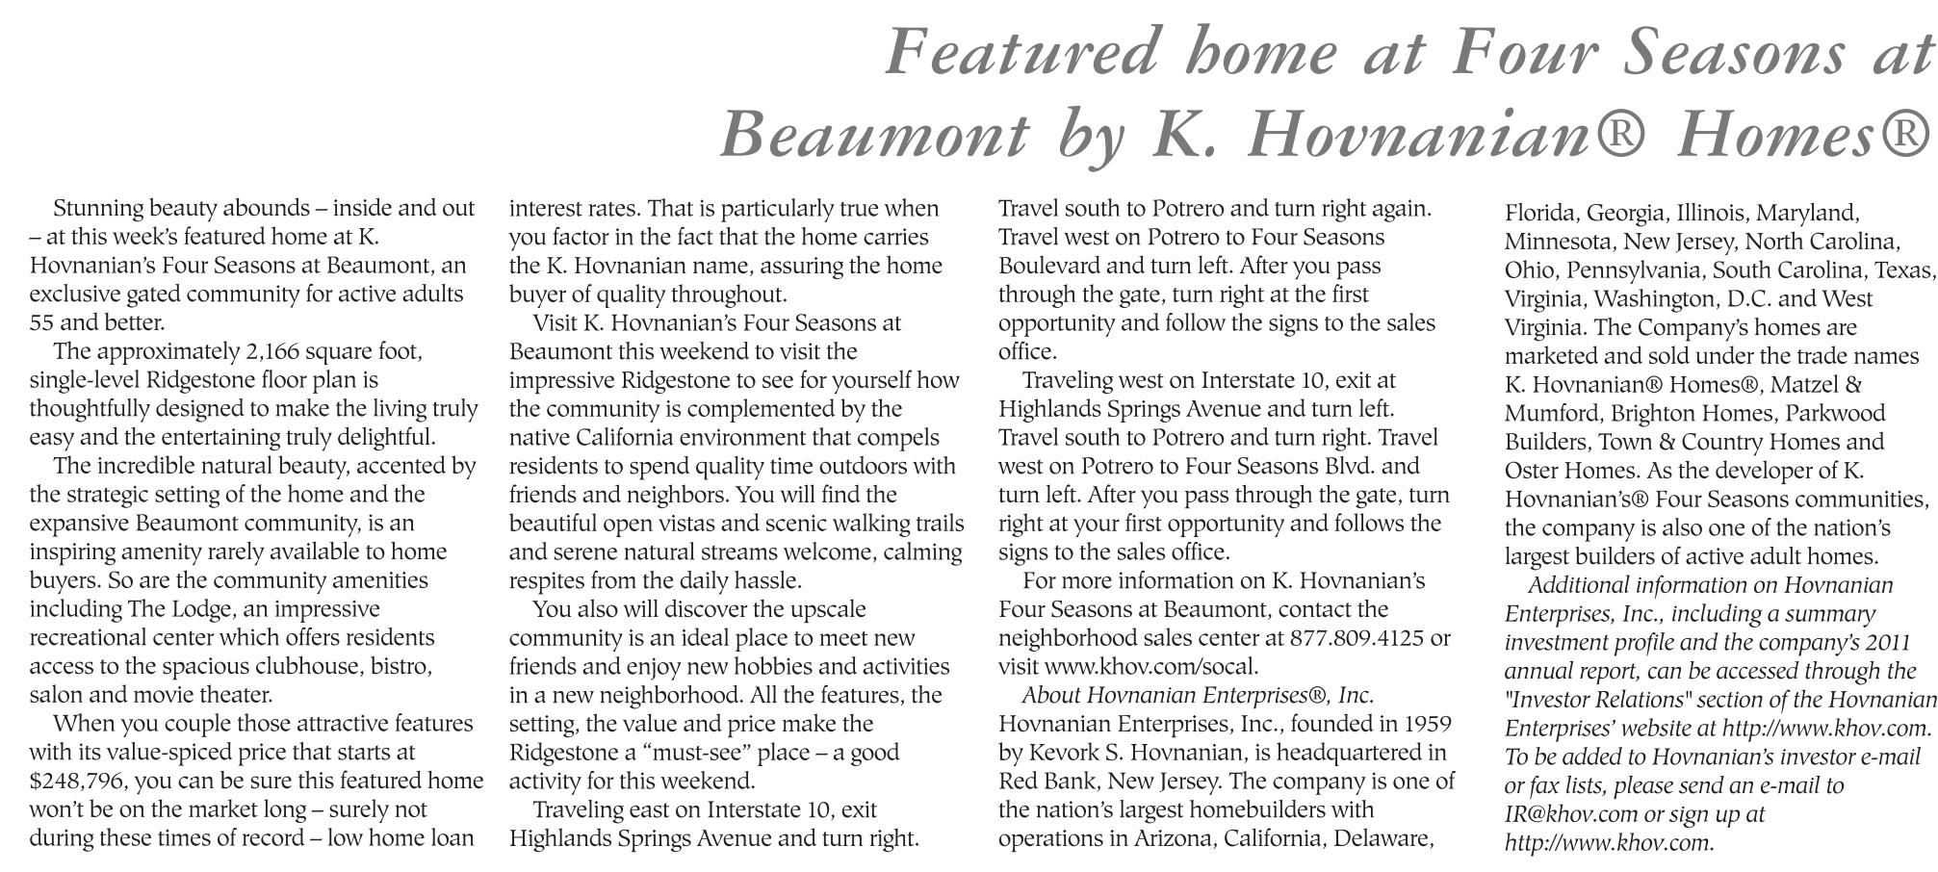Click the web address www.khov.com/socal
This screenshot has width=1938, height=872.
tap(1150, 667)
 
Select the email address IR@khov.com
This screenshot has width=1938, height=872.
tap(1570, 814)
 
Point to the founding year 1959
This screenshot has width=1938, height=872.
tap(1427, 724)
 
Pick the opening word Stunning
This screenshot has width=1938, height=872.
tap(99, 209)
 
